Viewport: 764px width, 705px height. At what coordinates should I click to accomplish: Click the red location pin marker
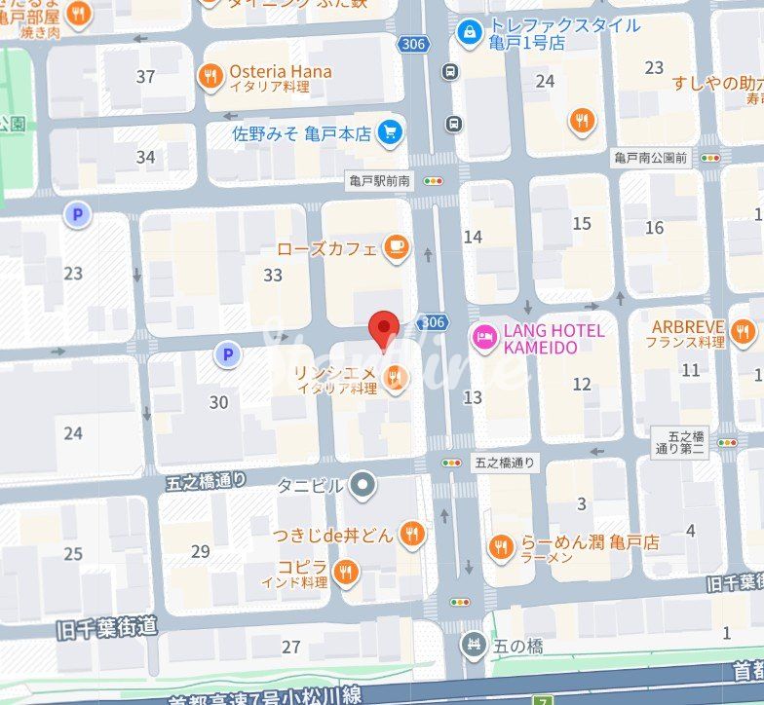point(386,329)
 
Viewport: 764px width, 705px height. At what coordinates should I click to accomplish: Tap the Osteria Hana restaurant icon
point(210,77)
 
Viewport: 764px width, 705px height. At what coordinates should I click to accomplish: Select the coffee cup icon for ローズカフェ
point(395,248)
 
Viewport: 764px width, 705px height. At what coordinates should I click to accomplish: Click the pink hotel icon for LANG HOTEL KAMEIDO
point(483,338)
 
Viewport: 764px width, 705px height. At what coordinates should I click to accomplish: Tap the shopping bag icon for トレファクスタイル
point(470,32)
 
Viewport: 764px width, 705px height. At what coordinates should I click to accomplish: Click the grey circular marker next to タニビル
point(363,484)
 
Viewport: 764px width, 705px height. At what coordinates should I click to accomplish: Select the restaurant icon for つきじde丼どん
point(412,534)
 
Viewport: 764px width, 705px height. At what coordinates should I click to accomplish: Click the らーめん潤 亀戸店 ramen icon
point(502,548)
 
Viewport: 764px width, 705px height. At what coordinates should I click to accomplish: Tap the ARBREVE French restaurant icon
point(744,333)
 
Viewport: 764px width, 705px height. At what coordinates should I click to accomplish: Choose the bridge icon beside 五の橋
point(473,644)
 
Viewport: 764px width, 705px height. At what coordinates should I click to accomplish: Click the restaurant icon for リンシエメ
point(395,378)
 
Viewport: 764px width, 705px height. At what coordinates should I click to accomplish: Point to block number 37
point(146,77)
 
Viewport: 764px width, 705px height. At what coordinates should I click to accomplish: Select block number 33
point(273,276)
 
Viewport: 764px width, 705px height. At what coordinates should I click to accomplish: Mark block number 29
point(200,552)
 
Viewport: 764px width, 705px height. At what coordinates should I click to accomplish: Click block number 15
point(582,224)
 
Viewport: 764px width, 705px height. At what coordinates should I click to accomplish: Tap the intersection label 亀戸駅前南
point(381,181)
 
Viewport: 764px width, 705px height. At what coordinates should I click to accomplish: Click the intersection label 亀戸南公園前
point(651,158)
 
